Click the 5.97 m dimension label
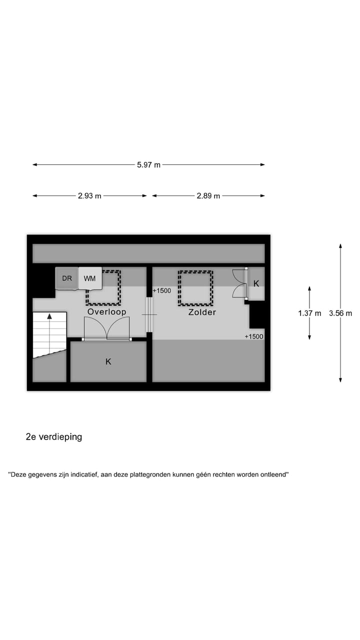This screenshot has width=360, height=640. (x=148, y=165)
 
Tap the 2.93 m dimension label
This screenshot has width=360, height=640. (x=89, y=196)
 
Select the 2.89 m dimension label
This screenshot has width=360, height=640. (x=208, y=196)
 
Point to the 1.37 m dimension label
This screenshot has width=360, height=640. (x=309, y=313)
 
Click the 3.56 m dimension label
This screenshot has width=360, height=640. (x=340, y=313)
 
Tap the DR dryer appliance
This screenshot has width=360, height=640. (x=67, y=278)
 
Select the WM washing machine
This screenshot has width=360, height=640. (x=90, y=278)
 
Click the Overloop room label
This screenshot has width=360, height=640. (x=106, y=312)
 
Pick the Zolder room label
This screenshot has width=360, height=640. (x=202, y=312)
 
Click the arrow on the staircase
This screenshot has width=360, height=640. (x=49, y=316)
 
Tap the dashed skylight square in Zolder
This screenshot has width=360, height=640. (x=195, y=288)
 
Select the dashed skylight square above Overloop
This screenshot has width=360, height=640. (x=103, y=288)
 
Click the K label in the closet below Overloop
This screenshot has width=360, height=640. (x=108, y=361)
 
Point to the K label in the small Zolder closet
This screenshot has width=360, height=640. (x=256, y=283)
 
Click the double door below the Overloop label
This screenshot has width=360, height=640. (x=107, y=330)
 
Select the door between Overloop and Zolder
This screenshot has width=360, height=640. (x=149, y=315)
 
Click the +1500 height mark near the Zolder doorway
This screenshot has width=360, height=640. (x=162, y=290)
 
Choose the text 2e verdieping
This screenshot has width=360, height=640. (x=54, y=437)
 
